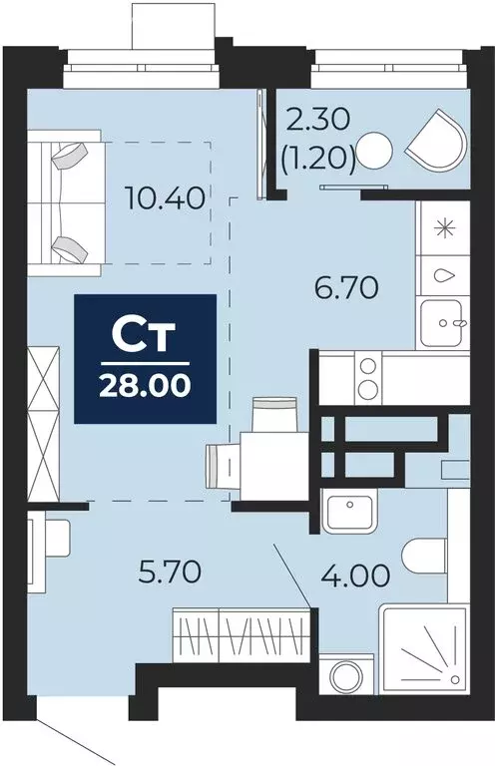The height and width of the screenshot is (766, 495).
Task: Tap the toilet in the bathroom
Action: pyautogui.click(x=428, y=555)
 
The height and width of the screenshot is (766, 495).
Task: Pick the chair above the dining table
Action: pyautogui.click(x=274, y=412)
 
